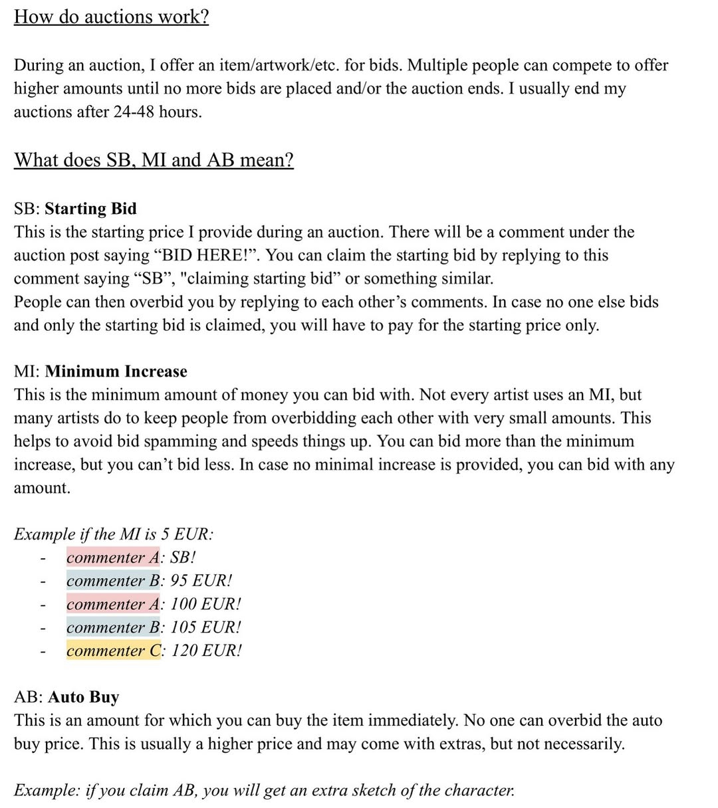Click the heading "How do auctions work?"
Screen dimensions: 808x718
click(x=111, y=17)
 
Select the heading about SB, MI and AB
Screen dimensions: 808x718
click(x=154, y=160)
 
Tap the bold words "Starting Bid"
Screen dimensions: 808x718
click(x=90, y=209)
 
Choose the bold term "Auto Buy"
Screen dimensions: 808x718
click(x=84, y=697)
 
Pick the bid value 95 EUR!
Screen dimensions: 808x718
click(x=201, y=581)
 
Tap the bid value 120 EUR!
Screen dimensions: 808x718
click(x=206, y=651)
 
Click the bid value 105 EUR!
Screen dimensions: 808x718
click(x=206, y=627)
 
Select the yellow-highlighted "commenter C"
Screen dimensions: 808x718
click(x=114, y=651)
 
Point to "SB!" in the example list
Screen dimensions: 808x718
click(x=183, y=557)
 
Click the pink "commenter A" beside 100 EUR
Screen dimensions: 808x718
click(x=113, y=604)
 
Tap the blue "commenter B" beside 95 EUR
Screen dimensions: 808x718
click(x=113, y=581)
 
